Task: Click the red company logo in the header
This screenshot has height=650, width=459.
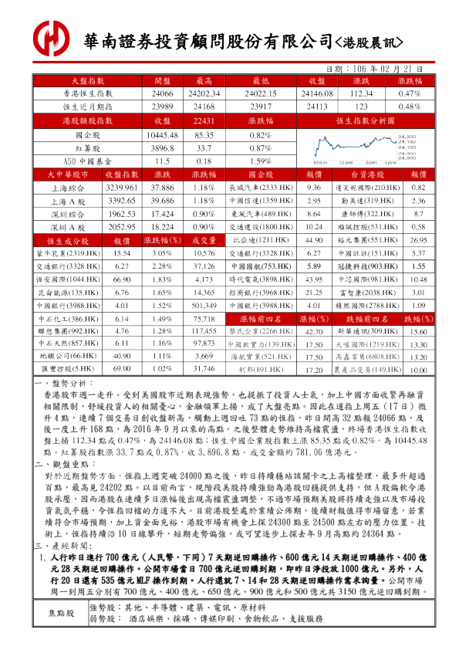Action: tap(49, 38)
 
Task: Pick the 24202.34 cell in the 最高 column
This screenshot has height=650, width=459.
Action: tap(204, 93)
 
